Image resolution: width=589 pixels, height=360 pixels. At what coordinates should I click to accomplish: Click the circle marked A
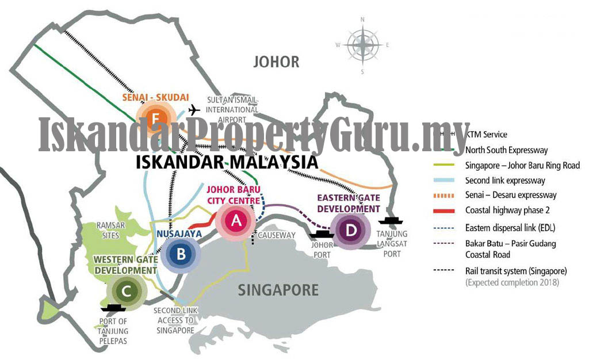pyautogui.click(x=235, y=220)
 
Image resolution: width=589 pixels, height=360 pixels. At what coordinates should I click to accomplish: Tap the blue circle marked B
pyautogui.click(x=181, y=255)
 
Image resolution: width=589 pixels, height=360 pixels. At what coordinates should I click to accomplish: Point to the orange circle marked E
pyautogui.click(x=154, y=119)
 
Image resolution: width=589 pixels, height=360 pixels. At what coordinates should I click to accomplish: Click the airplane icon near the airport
pyautogui.click(x=194, y=110)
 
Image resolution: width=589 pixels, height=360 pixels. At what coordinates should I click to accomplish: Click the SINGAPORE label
pyautogui.click(x=278, y=289)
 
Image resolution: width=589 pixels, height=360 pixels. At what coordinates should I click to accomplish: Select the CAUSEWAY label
pyautogui.click(x=277, y=235)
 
